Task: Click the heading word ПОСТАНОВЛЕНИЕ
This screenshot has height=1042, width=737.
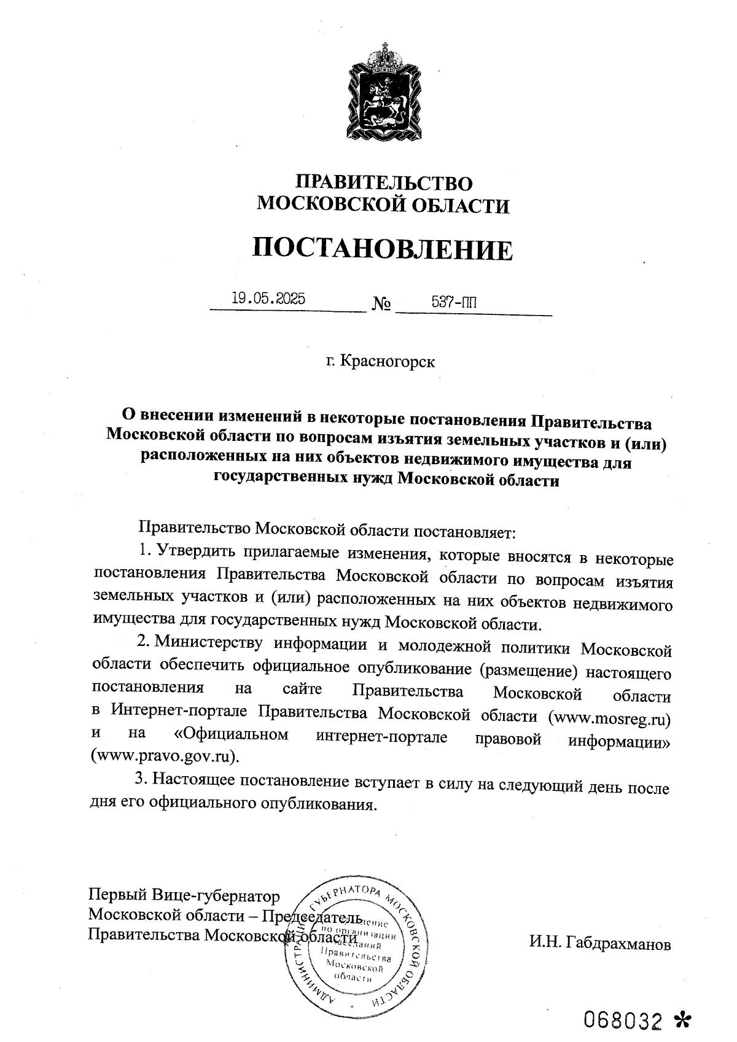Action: click(x=382, y=249)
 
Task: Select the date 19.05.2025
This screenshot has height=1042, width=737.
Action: click(x=268, y=299)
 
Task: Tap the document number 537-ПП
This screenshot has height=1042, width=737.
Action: click(x=454, y=302)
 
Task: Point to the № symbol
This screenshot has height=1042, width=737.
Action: click(x=382, y=304)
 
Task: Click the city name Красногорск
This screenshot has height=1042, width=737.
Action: click(x=388, y=362)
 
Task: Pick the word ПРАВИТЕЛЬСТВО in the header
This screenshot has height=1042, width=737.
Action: click(x=385, y=183)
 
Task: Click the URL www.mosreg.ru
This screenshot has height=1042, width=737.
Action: click(x=609, y=717)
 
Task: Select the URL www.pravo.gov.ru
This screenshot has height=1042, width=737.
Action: click(x=164, y=755)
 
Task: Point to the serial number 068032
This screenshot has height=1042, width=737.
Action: click(x=623, y=1019)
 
